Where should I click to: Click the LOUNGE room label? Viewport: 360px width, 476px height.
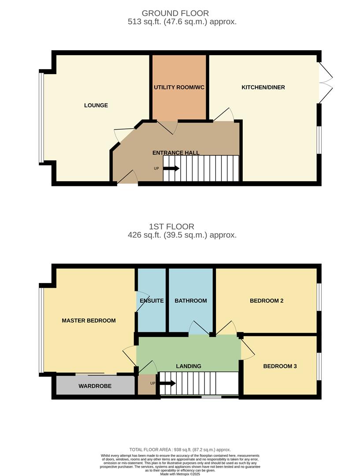pos(96,105)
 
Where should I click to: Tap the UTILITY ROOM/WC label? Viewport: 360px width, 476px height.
pos(179,87)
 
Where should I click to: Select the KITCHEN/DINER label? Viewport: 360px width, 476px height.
pos(263,87)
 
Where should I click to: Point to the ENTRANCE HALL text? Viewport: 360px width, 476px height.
pos(176,153)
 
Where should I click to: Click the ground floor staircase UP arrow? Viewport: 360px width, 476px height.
pos(171,168)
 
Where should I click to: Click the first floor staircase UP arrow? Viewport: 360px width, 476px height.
pos(167,383)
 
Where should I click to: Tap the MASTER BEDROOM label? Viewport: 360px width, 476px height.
pos(89,320)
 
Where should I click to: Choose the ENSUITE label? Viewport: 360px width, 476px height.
pos(152,301)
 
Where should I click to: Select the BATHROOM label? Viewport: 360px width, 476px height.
pos(191,301)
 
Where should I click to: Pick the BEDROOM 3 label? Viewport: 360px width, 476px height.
pos(280,366)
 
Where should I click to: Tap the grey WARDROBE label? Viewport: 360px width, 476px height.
pos(95,386)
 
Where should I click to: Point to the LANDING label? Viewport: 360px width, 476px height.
pos(189,366)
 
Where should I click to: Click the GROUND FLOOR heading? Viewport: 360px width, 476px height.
pos(175,13)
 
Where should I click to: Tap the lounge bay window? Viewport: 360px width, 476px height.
pos(41,117)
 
